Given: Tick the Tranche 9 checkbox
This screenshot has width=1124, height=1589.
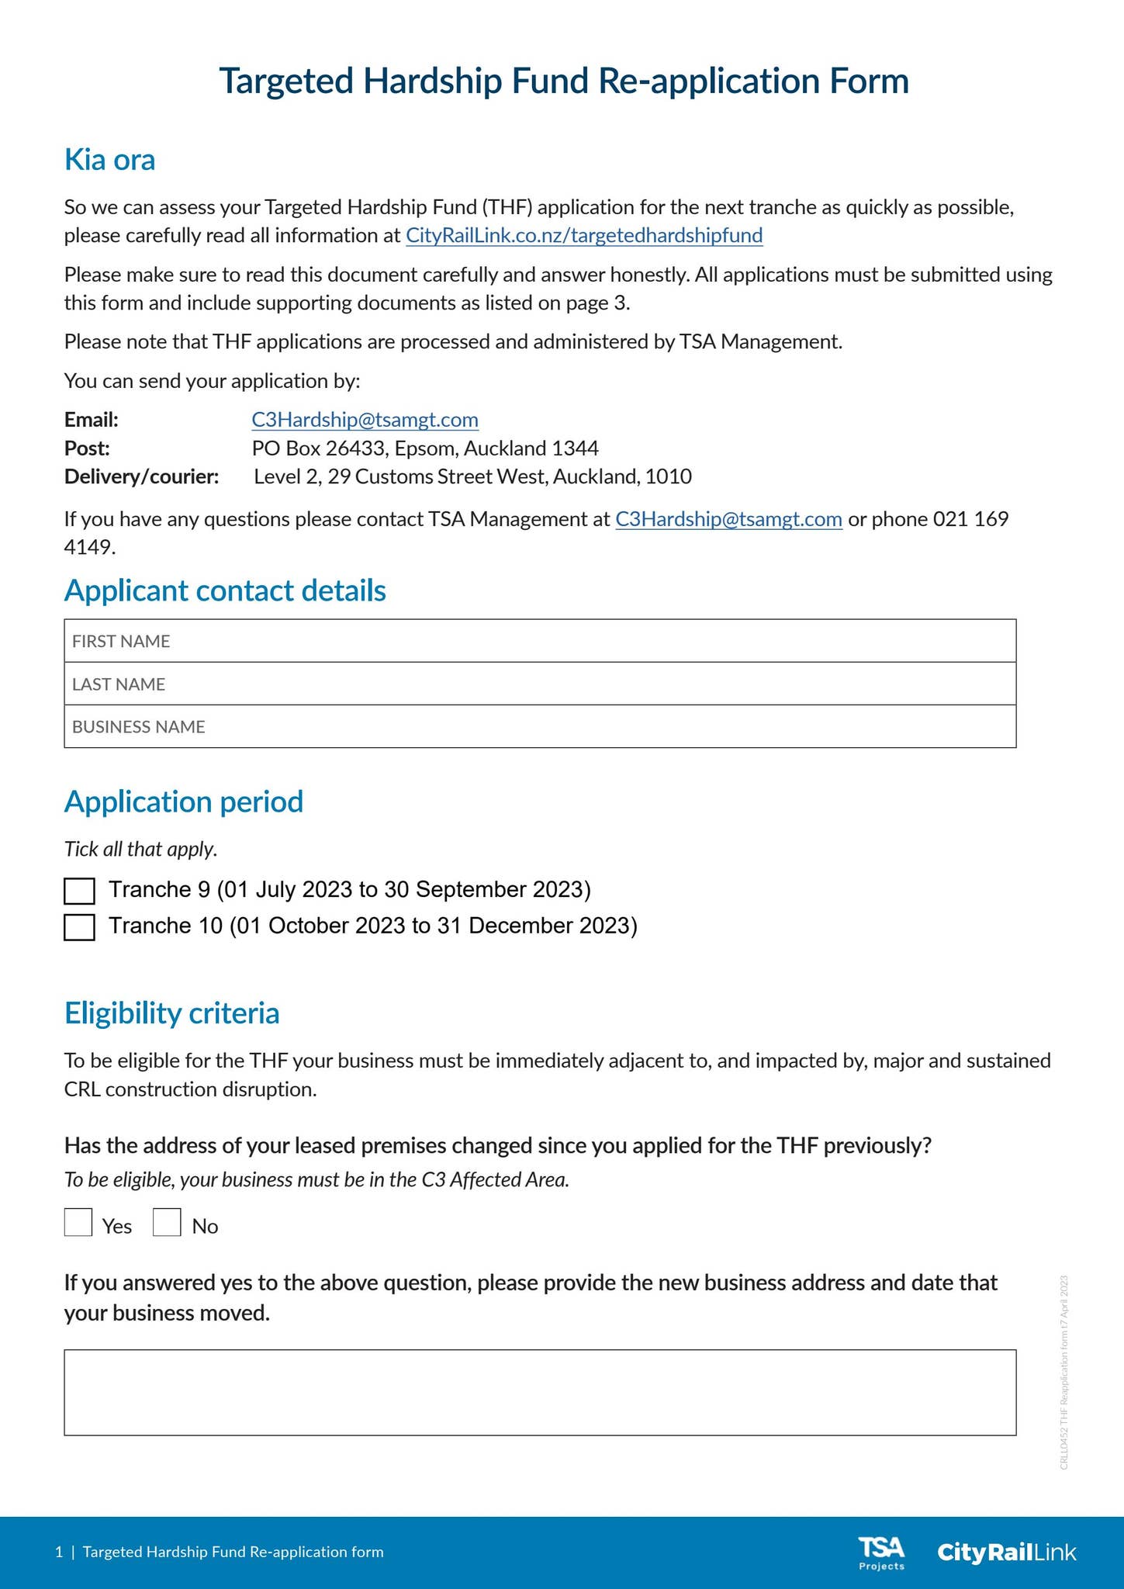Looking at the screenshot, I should (x=79, y=891).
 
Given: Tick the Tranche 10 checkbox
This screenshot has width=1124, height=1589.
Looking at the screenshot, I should (x=79, y=927).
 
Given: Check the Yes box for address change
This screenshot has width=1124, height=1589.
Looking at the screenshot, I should (x=78, y=1223).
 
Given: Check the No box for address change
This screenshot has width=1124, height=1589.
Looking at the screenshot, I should (x=167, y=1223).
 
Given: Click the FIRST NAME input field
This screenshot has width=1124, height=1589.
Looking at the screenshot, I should (x=540, y=641).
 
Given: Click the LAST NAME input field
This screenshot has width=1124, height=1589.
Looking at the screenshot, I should (x=540, y=684).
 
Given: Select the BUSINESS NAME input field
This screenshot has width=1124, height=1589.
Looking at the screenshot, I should (x=540, y=726).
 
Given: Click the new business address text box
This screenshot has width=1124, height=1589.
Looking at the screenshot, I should (x=540, y=1392).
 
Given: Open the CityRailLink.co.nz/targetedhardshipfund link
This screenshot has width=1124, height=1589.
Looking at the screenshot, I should (x=584, y=235).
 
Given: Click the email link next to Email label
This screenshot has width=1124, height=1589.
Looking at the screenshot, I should (x=365, y=420).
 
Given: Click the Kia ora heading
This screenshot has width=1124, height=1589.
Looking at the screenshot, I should (x=109, y=160).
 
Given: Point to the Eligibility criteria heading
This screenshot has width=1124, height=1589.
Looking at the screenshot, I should (x=171, y=1013).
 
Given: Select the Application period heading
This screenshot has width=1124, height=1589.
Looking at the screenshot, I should (x=183, y=801).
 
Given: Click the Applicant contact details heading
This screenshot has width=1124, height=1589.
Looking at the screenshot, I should (x=225, y=590).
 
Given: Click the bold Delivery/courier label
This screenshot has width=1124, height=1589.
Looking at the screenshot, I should (x=141, y=476).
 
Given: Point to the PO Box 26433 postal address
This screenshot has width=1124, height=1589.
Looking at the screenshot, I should (x=425, y=448).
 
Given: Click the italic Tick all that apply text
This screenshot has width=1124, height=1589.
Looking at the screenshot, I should (x=140, y=849).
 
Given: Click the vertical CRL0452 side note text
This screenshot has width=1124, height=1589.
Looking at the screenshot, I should (x=1063, y=1372).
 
